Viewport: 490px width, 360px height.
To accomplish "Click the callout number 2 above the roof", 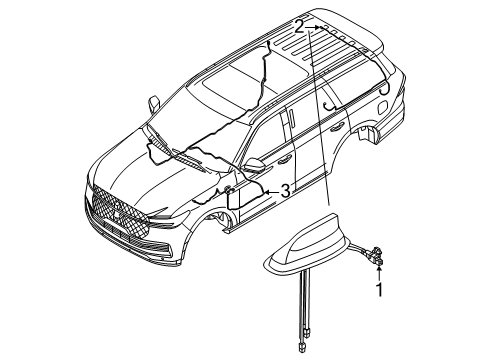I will tap(299, 27).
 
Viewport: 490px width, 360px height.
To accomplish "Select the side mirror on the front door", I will tap(257, 166).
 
